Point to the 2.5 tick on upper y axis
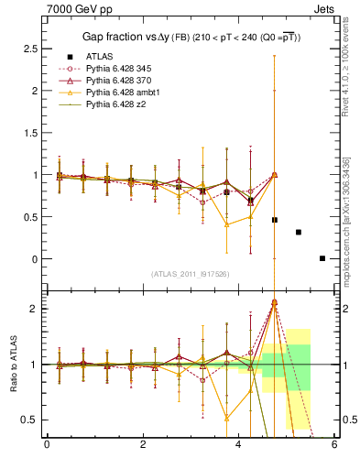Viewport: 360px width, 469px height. coord(27,49)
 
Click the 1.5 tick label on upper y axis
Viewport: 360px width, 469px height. coord(27,133)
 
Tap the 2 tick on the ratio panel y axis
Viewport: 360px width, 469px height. coord(33,309)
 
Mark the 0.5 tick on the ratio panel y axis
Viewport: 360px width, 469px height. coord(27,420)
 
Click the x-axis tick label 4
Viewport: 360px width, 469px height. coord(239,446)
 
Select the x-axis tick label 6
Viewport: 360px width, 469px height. coord(334,446)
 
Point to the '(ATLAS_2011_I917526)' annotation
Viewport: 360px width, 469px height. coord(190,274)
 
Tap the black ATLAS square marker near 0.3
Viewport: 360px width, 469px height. coord(299,232)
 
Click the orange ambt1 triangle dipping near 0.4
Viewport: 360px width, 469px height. coord(226,224)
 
